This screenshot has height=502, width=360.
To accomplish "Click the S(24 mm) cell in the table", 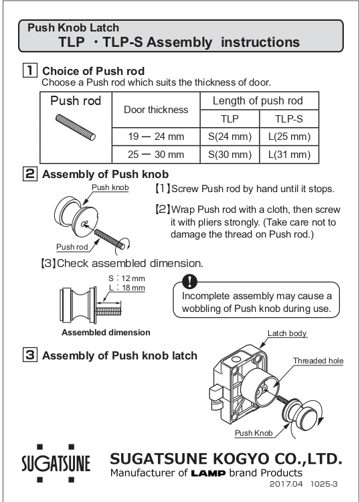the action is (x=230, y=137).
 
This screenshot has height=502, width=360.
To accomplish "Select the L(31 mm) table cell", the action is (x=289, y=155).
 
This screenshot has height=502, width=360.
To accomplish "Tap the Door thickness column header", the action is (x=156, y=110).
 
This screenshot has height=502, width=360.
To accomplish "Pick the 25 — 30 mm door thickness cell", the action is (x=156, y=155).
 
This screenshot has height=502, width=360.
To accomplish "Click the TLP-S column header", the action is (x=289, y=118).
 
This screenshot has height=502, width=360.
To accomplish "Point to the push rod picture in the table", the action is (x=76, y=127).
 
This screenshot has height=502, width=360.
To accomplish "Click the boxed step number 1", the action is (x=30, y=70).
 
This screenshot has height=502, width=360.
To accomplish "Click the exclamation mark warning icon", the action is (x=190, y=281).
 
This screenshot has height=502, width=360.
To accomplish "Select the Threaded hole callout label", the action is (x=318, y=361).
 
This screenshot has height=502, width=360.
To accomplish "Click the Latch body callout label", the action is (x=287, y=333).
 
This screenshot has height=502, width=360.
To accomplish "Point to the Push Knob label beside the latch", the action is (x=254, y=433).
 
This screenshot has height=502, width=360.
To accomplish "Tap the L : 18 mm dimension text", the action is (x=127, y=288).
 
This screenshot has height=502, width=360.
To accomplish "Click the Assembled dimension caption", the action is (x=106, y=332).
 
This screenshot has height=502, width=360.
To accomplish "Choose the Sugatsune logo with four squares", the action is (x=56, y=463).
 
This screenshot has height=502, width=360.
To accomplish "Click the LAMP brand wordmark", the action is (x=208, y=473).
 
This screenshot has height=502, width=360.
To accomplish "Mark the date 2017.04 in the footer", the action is (x=286, y=484).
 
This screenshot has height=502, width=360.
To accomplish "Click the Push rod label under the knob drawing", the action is (x=72, y=247).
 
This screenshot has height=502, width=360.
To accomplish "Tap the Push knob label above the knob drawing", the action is (x=110, y=187).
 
